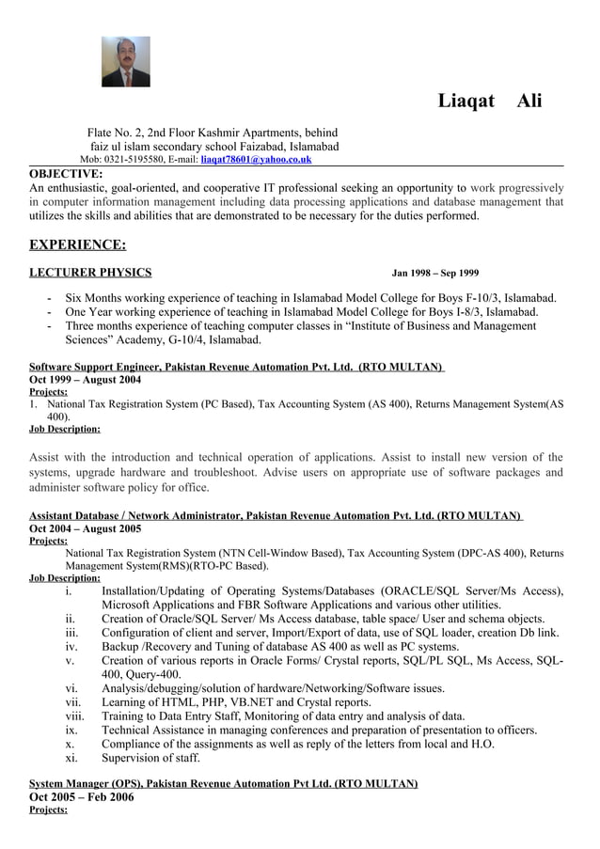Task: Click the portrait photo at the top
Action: tap(126, 62)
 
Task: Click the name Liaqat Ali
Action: tap(489, 101)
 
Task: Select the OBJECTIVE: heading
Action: tap(66, 173)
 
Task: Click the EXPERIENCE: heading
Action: tap(77, 245)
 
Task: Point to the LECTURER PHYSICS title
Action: tap(90, 273)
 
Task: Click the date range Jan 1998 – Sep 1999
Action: tap(434, 274)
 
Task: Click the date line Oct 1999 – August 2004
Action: tap(85, 380)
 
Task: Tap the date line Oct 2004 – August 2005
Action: tap(85, 529)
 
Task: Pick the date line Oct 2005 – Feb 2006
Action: tap(82, 796)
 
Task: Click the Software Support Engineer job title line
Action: tap(236, 367)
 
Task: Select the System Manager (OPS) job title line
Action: tap(223, 783)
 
